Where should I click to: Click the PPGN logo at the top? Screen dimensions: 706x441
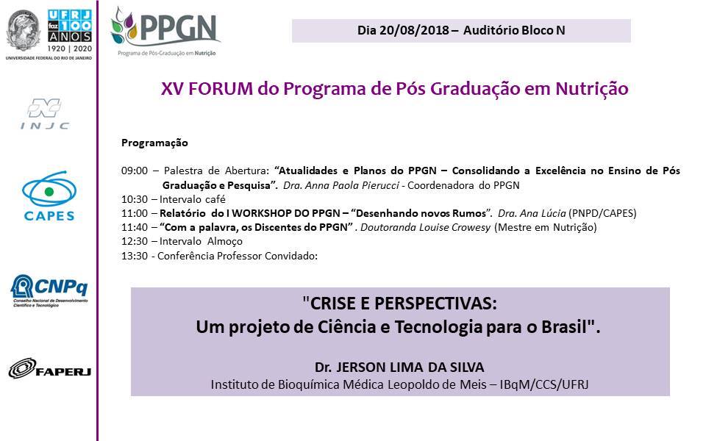165,32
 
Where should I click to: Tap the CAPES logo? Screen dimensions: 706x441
49,196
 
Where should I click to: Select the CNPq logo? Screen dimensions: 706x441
49,291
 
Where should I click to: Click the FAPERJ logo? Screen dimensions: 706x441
49,368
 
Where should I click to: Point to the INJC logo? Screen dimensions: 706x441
45,114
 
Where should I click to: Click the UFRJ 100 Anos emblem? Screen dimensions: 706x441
49,35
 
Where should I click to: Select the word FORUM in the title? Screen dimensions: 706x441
221,89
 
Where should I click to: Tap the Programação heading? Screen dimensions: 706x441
154,143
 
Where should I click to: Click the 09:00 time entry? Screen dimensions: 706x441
134,171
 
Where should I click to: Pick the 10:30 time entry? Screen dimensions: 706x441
134,199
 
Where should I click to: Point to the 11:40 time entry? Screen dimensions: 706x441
134,227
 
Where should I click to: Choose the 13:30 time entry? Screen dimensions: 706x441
134,256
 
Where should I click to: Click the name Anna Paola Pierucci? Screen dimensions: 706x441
352,185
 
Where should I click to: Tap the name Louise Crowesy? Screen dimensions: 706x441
454,228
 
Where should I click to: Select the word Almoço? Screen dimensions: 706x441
225,242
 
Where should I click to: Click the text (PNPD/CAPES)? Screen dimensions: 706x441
602,213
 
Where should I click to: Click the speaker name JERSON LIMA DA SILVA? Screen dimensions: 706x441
410,367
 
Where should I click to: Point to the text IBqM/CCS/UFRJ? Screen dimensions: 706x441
544,384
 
